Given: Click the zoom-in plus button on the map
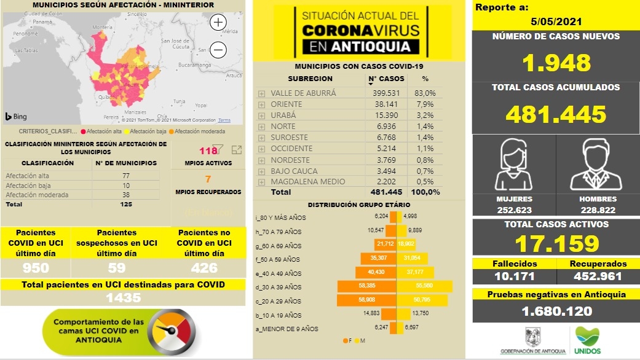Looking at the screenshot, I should tap(218, 23).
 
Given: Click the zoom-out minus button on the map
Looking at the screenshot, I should tap(218, 50).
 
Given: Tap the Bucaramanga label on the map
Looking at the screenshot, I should tap(195, 64).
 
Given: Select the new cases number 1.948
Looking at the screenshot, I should tap(556, 63).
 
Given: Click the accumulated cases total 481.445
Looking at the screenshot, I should tap(556, 114).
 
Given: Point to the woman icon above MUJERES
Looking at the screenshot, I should tap(514, 166).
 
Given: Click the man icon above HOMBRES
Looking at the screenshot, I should tap(598, 166).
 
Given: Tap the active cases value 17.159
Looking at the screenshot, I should tap(556, 244).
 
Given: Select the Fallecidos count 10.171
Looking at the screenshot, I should tap(514, 276).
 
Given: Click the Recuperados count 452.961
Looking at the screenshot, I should tap(598, 276).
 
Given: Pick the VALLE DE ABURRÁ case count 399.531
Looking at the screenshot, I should tap(386, 93).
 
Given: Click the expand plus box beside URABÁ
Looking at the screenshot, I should tap(261, 115).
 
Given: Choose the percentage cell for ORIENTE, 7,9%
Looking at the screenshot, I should tap(425, 104).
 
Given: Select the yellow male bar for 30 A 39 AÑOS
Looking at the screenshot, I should tap(424, 287).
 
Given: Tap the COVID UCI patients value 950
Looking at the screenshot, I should tap(36, 268).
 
